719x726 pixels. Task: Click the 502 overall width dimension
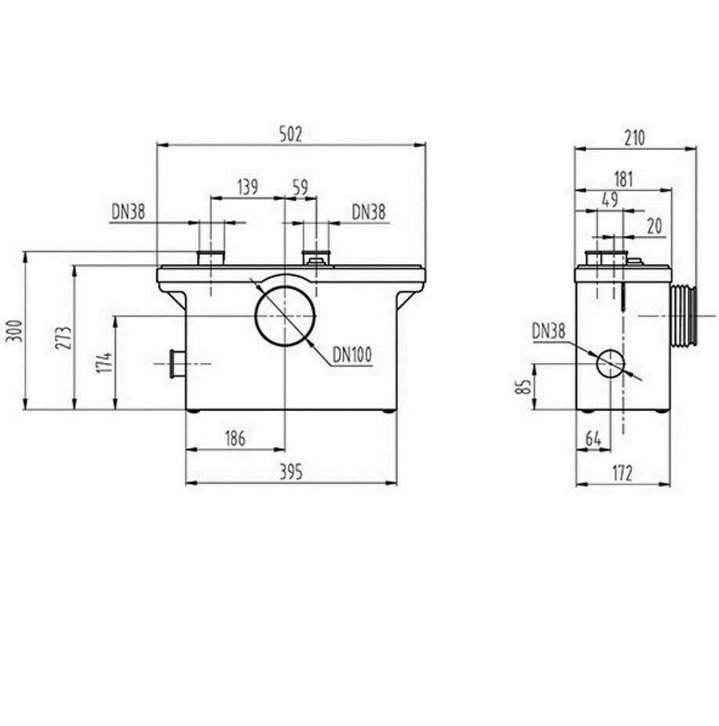[x=291, y=134]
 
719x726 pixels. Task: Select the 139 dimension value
[x=247, y=187]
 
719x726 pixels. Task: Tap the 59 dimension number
[x=300, y=187]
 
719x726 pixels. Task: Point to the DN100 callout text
[x=352, y=355]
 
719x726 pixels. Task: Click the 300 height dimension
[x=14, y=331]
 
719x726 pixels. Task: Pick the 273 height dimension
[x=64, y=338]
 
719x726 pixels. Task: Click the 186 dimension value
[x=235, y=438]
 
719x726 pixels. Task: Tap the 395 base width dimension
[x=291, y=472]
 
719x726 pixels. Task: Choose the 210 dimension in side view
[x=634, y=137]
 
